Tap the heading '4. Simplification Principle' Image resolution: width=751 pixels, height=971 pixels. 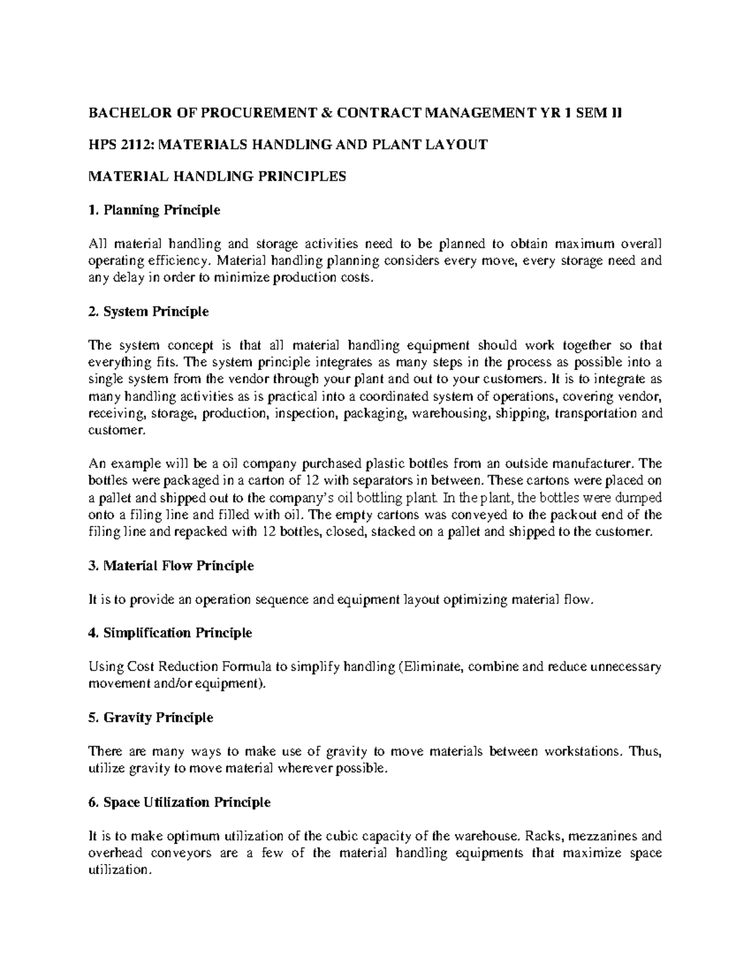point(170,633)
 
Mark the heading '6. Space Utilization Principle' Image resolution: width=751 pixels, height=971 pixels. point(180,802)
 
